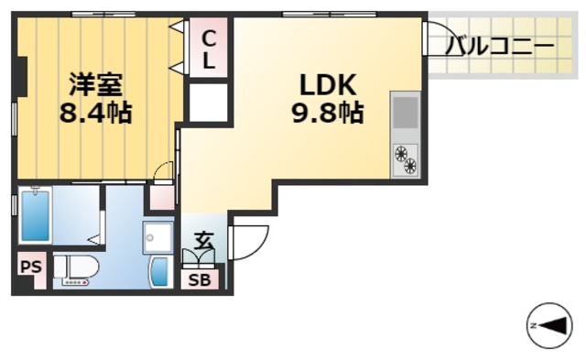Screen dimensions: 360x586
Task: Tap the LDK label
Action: pyautogui.click(x=324, y=84)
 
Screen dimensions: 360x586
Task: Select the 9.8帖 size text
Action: pyautogui.click(x=325, y=113)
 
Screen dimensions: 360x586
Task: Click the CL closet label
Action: pyautogui.click(x=208, y=50)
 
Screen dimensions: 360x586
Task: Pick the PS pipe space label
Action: pyautogui.click(x=30, y=268)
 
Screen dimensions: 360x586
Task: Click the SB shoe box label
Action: pyautogui.click(x=199, y=280)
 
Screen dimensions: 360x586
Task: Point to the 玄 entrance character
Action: pyautogui.click(x=203, y=242)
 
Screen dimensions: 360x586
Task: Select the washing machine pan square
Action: pyautogui.click(x=158, y=238)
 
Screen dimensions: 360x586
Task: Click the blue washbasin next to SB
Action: pyautogui.click(x=159, y=272)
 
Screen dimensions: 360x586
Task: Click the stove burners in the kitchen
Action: pyautogui.click(x=405, y=159)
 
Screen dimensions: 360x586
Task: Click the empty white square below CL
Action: pyautogui.click(x=208, y=104)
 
